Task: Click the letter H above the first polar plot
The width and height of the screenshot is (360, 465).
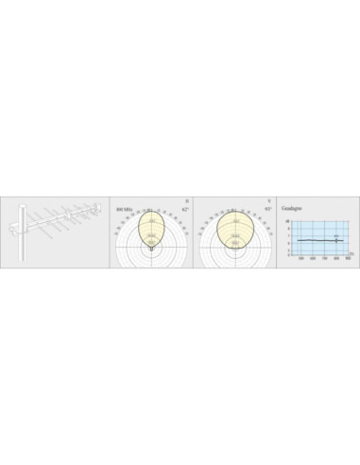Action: pyautogui.click(x=187, y=200)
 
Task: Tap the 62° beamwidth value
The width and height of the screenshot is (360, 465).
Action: pyautogui.click(x=185, y=209)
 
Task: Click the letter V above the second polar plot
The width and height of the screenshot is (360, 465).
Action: pyautogui.click(x=268, y=200)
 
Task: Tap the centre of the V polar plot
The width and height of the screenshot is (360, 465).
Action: pyautogui.click(x=233, y=249)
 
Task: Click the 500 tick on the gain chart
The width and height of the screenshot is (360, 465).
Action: pyautogui.click(x=300, y=258)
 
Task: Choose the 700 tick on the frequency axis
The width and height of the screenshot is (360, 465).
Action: pyautogui.click(x=324, y=258)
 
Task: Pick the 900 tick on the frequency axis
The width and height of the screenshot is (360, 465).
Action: pyautogui.click(x=348, y=258)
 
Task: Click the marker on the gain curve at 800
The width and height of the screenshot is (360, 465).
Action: pyautogui.click(x=335, y=240)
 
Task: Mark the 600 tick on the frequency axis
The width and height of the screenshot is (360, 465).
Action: pyautogui.click(x=312, y=258)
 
